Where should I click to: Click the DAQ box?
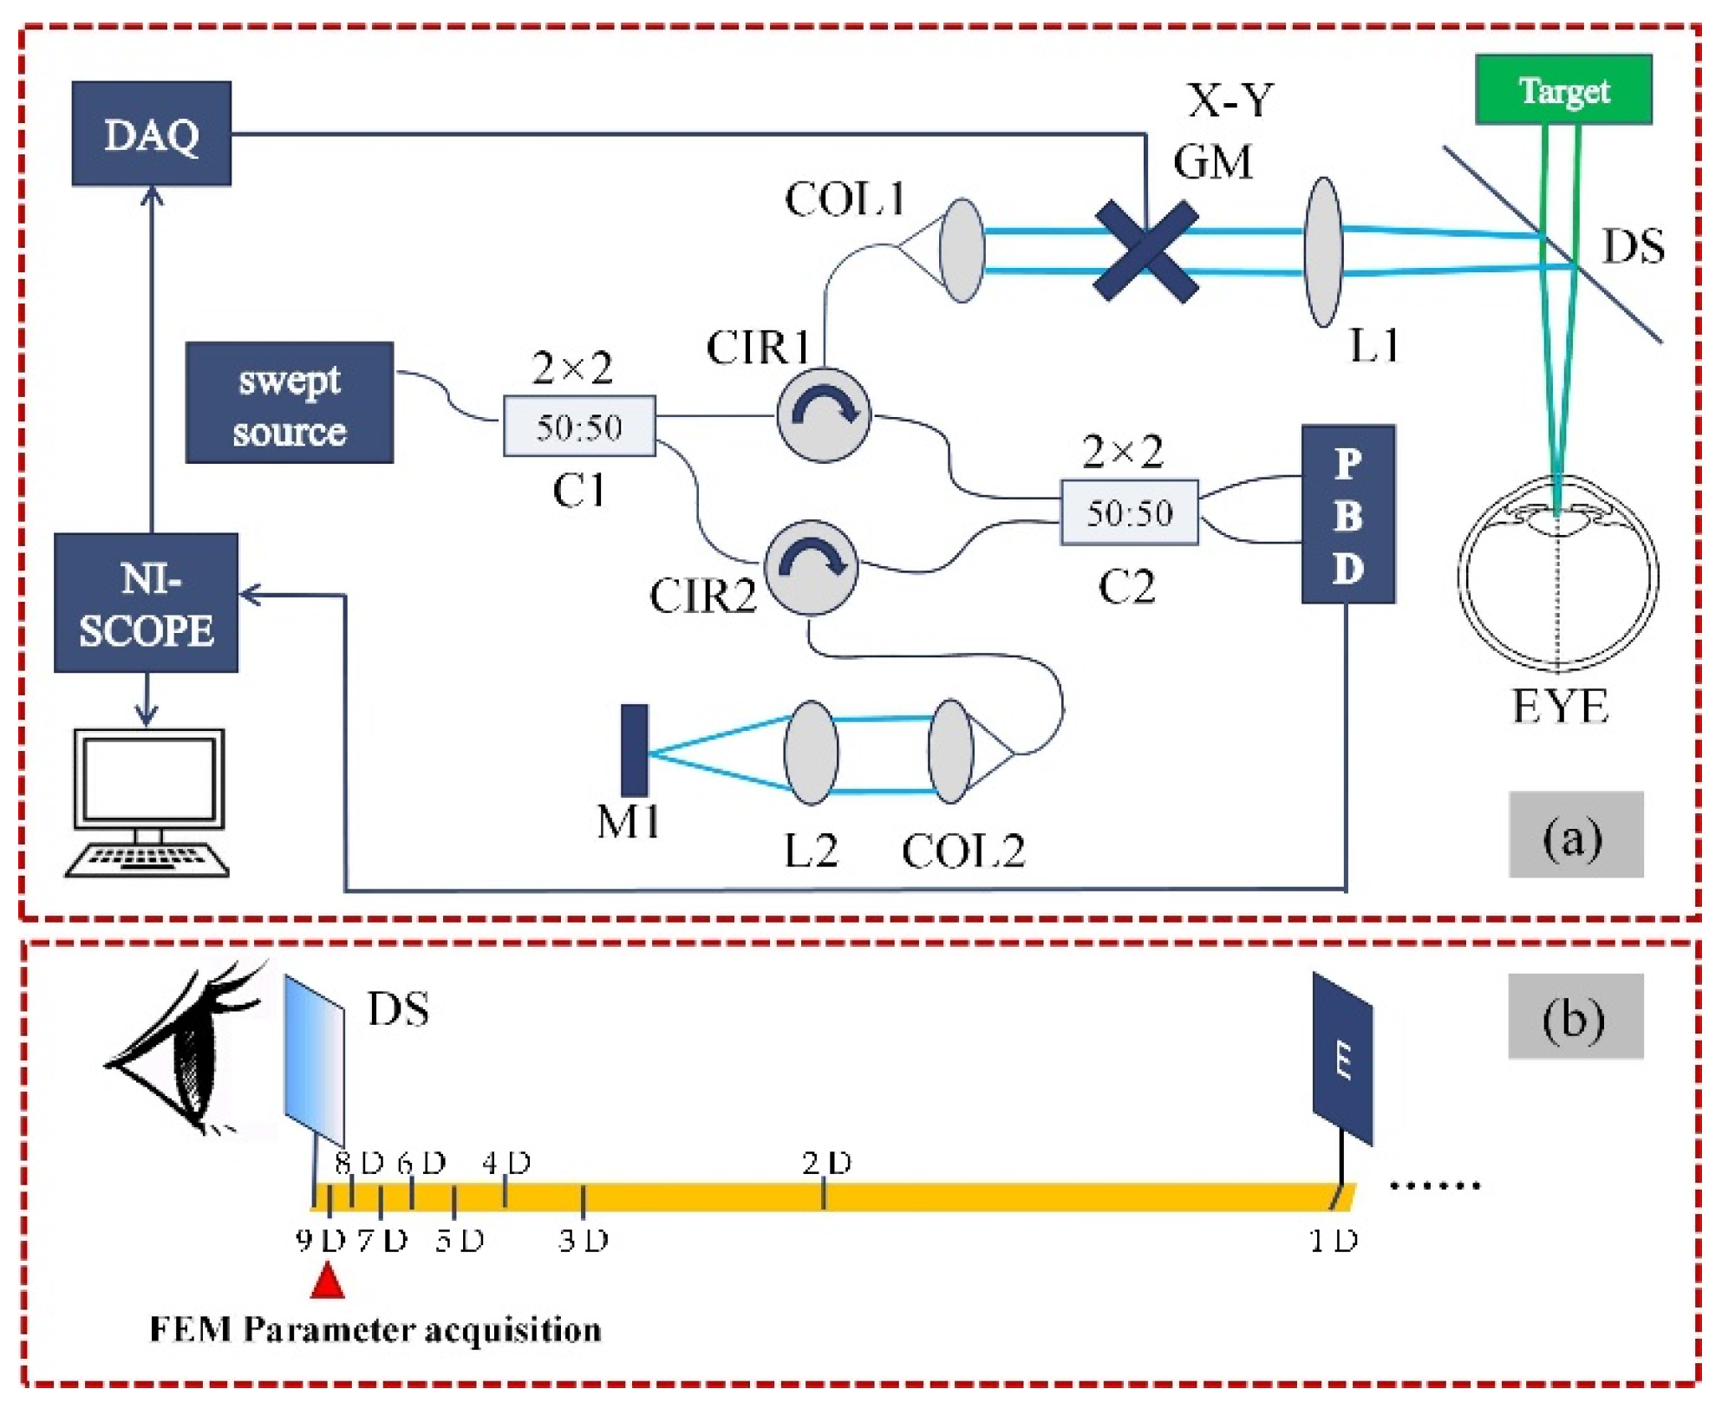(151, 134)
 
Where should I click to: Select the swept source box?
(289, 402)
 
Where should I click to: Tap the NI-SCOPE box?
(146, 603)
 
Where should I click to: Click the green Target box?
(1562, 89)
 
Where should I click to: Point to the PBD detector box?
(1347, 514)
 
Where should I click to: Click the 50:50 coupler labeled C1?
(578, 426)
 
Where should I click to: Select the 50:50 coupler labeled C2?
(1129, 512)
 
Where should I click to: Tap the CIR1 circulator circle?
(823, 414)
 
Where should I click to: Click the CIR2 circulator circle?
(811, 567)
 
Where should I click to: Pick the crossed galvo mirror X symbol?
(1146, 251)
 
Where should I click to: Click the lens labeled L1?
(1323, 251)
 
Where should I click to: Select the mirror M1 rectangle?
(634, 751)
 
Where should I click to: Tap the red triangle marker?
(327, 1282)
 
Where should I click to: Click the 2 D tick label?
(826, 1163)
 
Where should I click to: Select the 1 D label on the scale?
(1333, 1241)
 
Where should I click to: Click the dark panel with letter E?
(1342, 1059)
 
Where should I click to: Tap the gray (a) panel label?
(1575, 834)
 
